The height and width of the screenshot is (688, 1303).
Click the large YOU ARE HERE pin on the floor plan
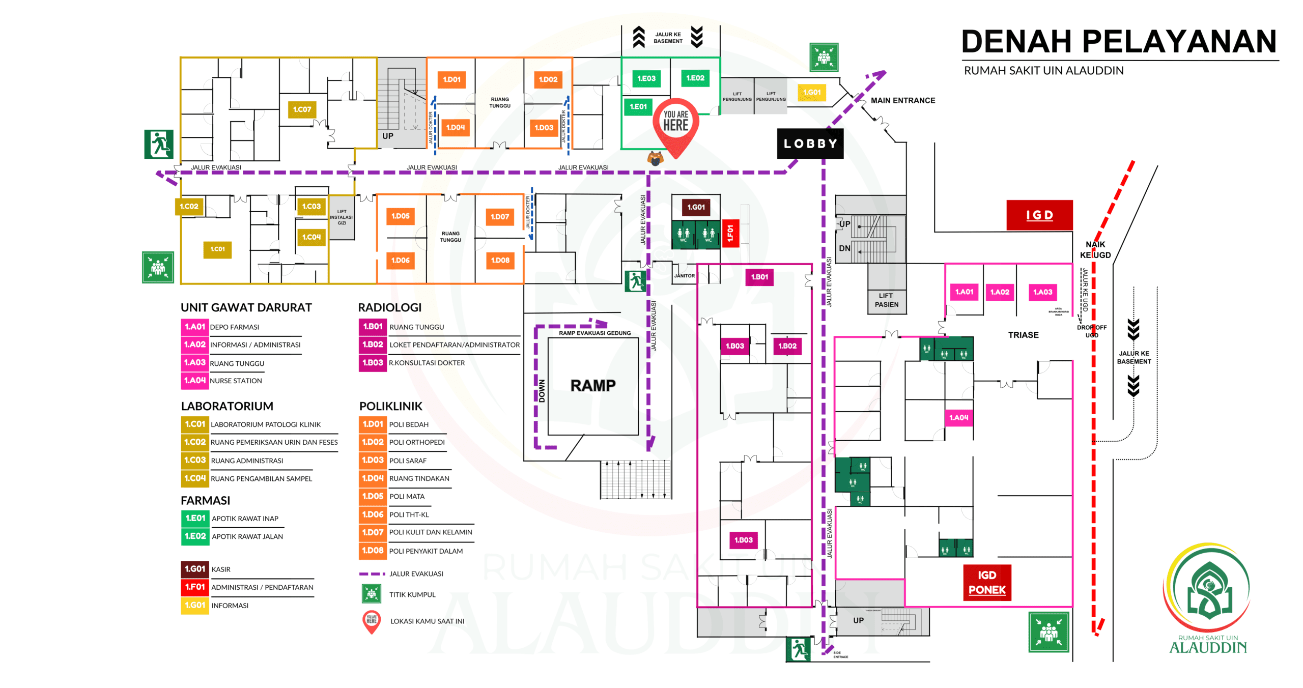tap(675, 125)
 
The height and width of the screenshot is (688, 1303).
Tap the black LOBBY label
tap(810, 144)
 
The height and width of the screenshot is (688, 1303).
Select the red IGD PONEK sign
tap(986, 583)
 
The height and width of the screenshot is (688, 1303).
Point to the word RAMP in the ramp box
tap(593, 385)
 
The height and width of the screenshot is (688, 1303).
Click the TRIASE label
tap(1023, 335)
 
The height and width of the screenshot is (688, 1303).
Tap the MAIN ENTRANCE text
tap(902, 101)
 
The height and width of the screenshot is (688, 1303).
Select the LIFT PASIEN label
tap(886, 300)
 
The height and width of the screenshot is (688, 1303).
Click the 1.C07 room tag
tap(302, 109)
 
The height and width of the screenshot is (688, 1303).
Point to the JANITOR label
tap(684, 276)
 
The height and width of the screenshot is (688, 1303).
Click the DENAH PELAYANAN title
tap(1119, 42)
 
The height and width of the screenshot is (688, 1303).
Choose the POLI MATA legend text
tap(407, 497)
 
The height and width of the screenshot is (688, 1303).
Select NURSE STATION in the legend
tap(236, 381)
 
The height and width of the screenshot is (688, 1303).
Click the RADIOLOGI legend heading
tap(390, 307)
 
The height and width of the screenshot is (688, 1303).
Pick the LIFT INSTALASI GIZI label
tap(342, 217)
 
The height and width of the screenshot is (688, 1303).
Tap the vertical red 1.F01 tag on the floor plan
tap(730, 234)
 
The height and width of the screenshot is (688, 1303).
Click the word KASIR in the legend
tap(221, 569)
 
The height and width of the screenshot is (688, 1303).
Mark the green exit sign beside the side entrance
tap(798, 649)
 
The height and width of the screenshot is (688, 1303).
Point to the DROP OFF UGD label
tap(1091, 331)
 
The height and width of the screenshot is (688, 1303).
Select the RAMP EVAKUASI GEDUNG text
tap(594, 333)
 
